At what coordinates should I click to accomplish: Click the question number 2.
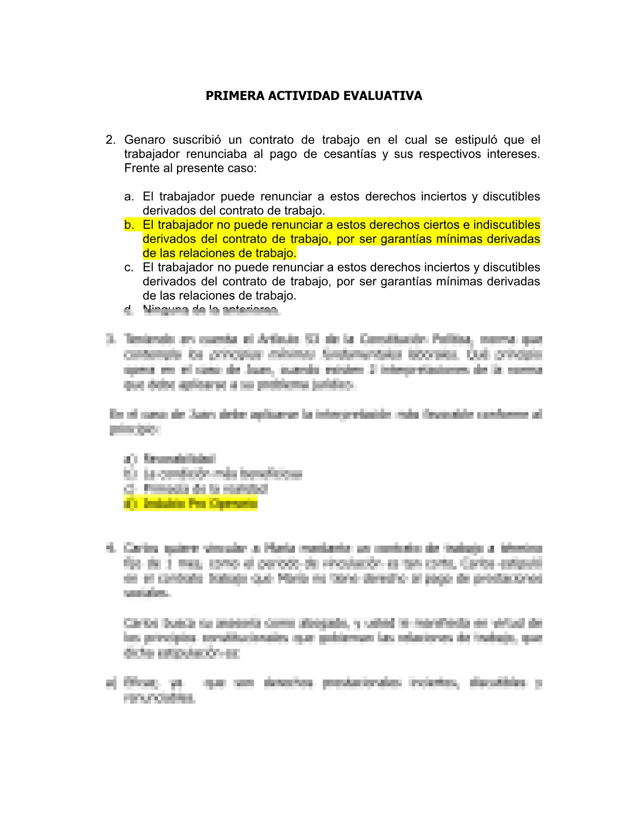(x=110, y=140)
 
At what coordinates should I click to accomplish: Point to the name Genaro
(x=145, y=140)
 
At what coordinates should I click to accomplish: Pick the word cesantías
(x=350, y=154)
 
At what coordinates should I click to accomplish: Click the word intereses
(x=513, y=154)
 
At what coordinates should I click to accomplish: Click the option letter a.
(x=129, y=197)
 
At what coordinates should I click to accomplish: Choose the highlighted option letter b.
(x=129, y=225)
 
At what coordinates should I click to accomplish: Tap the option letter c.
(x=129, y=267)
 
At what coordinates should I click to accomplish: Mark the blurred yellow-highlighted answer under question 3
(x=191, y=504)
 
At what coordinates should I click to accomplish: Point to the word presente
(x=198, y=168)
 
